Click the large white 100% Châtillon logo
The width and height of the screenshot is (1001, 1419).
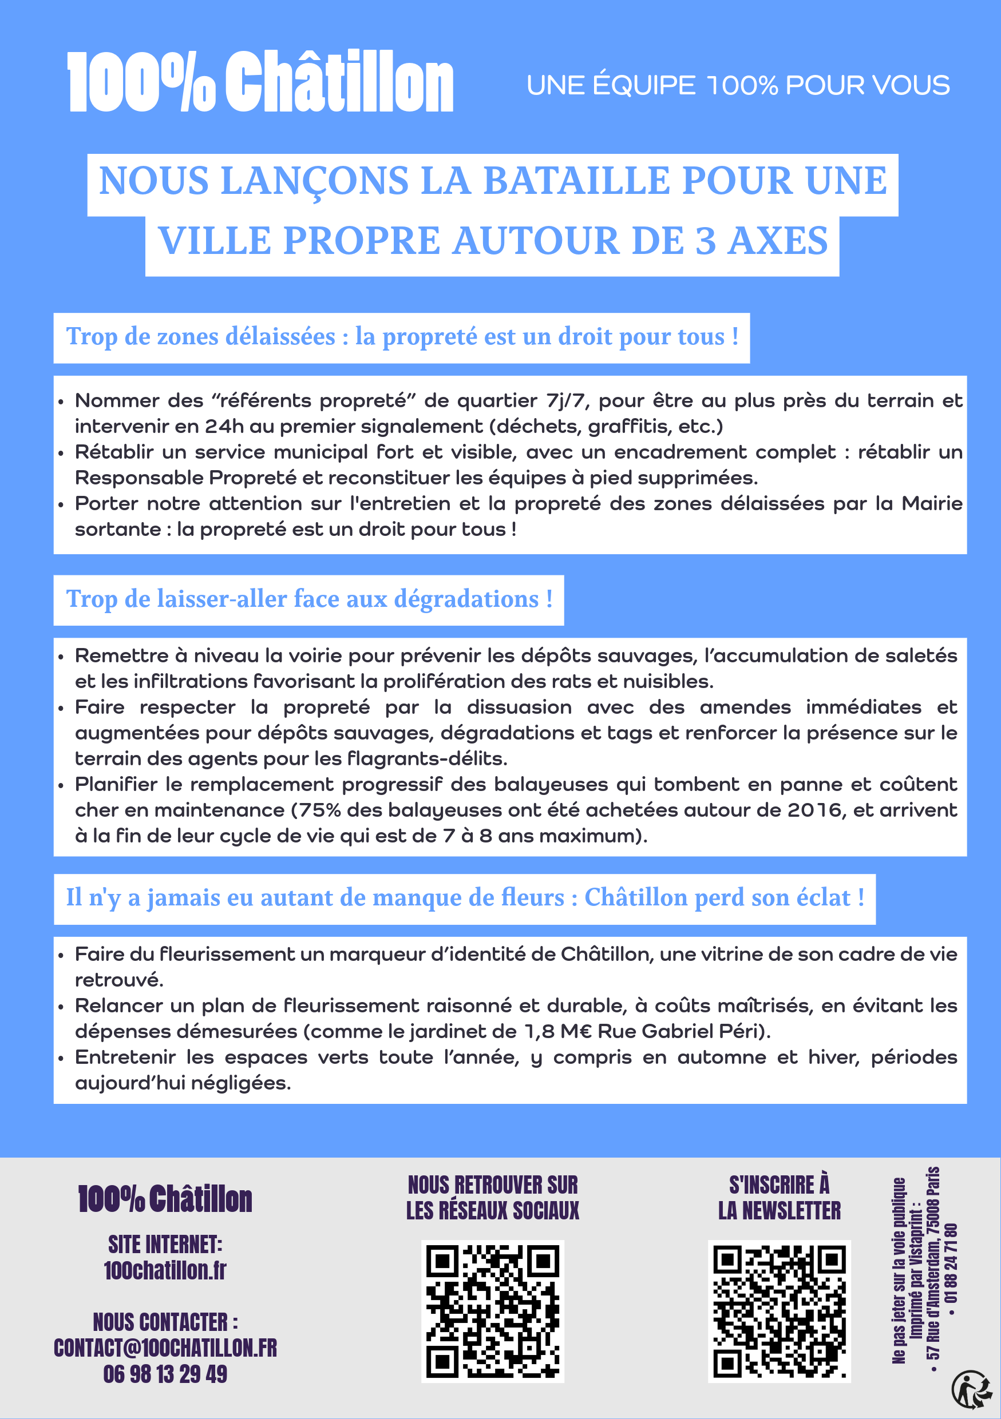260,82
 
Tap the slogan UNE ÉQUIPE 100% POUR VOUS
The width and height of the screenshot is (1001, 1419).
738,85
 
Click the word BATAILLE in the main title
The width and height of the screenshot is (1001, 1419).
576,181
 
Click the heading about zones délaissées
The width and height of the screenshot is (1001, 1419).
402,337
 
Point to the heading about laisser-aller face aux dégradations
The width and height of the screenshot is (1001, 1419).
309,599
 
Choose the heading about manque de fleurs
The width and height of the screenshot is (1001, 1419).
465,898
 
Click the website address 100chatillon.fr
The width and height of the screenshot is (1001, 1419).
165,1271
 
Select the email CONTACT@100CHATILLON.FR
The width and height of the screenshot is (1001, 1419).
165,1348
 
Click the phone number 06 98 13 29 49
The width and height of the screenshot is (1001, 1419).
165,1374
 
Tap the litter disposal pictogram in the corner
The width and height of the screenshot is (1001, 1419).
971,1390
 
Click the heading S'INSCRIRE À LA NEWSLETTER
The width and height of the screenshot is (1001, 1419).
779,1198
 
